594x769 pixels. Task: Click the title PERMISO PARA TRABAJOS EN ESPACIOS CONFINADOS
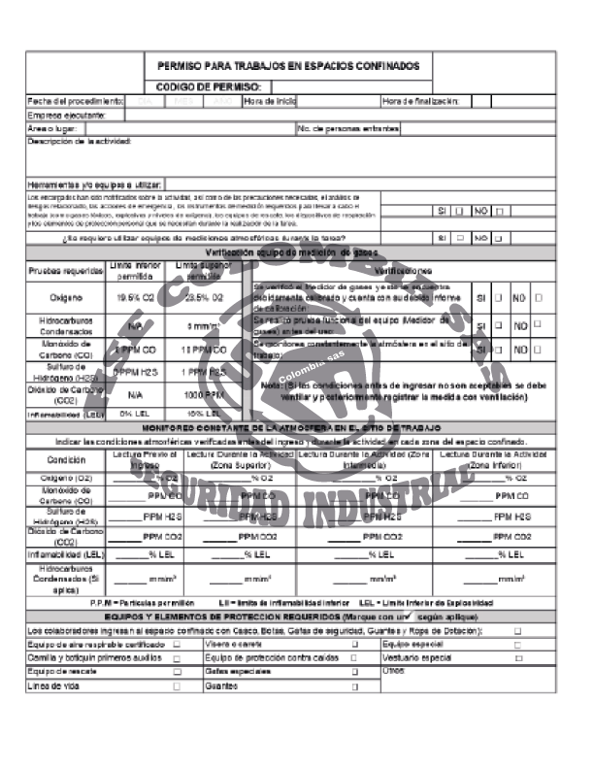[288, 66]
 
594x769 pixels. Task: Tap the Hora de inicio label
[270, 101]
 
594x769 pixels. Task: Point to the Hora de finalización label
[427, 101]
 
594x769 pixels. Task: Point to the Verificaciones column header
[402, 271]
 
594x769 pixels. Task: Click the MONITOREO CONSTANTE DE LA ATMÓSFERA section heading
[292, 427]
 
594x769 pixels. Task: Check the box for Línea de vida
[177, 685]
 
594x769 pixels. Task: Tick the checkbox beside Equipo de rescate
[177, 672]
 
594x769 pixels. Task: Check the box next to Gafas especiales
[354, 672]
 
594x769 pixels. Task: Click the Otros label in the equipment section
[394, 670]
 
